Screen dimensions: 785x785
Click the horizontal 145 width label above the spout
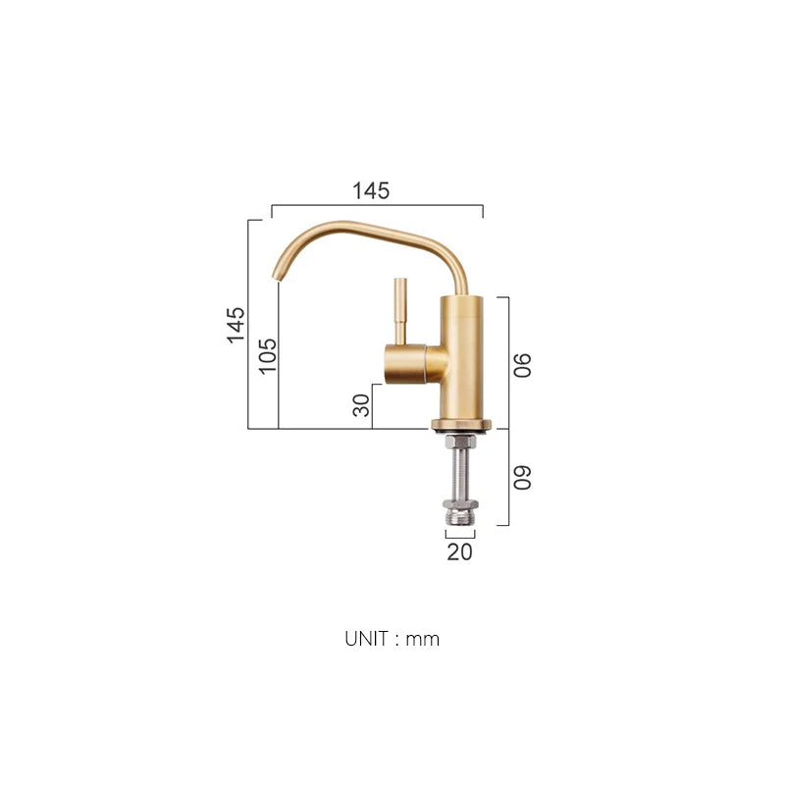pyautogui.click(x=371, y=191)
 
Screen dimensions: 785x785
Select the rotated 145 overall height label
pyautogui.click(x=236, y=325)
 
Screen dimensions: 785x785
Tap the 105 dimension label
pyautogui.click(x=267, y=355)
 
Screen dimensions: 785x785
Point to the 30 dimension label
pyautogui.click(x=361, y=403)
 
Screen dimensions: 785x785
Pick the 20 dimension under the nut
pyautogui.click(x=459, y=551)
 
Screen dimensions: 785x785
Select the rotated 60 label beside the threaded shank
pyautogui.click(x=523, y=477)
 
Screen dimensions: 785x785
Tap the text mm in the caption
pyautogui.click(x=423, y=640)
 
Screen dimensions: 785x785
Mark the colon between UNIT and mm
pyautogui.click(x=398, y=640)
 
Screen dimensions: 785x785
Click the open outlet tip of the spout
pyautogui.click(x=276, y=277)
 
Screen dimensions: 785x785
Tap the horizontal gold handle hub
pyautogui.click(x=412, y=364)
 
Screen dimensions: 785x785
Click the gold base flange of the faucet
pyautogui.click(x=459, y=426)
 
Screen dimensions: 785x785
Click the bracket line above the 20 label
pyautogui.click(x=459, y=537)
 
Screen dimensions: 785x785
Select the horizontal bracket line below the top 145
pyautogui.click(x=377, y=206)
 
